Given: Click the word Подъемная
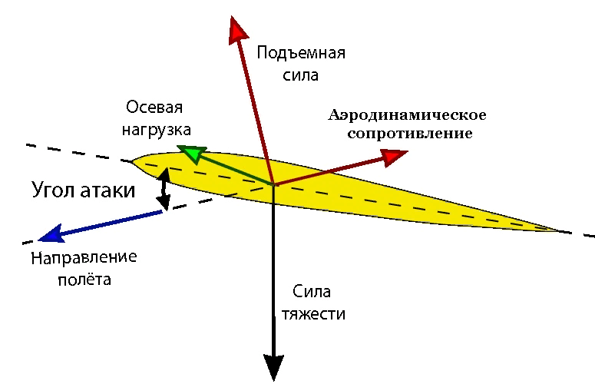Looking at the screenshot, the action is (x=301, y=53).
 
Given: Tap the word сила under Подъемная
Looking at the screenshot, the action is (x=300, y=75).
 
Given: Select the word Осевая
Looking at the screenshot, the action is (x=154, y=108).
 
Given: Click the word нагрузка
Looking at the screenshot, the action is (x=157, y=130).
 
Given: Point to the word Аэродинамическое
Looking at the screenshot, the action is (x=407, y=115).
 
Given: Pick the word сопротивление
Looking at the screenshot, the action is (x=410, y=134).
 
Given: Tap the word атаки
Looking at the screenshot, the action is (x=107, y=190).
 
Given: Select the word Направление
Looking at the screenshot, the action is (x=84, y=257).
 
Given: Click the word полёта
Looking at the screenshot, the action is (x=84, y=280).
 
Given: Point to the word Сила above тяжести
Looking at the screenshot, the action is (x=312, y=292).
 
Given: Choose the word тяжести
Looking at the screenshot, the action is (x=313, y=315).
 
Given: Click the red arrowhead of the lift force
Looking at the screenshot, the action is (x=238, y=30).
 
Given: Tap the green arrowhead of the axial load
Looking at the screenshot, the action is (x=192, y=153).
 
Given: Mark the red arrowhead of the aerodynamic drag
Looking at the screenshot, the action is (x=395, y=157).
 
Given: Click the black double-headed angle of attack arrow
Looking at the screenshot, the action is (x=164, y=189).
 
